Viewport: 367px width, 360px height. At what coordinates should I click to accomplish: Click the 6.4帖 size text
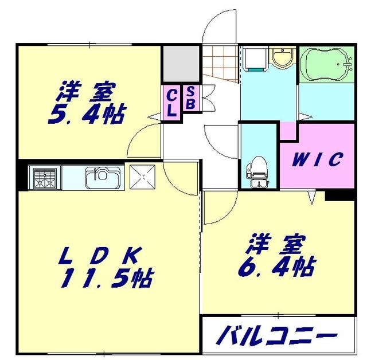click(x=276, y=264)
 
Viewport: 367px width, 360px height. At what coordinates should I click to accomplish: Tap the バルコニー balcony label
click(x=276, y=335)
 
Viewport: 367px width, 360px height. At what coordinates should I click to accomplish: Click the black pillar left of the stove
click(x=22, y=176)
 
